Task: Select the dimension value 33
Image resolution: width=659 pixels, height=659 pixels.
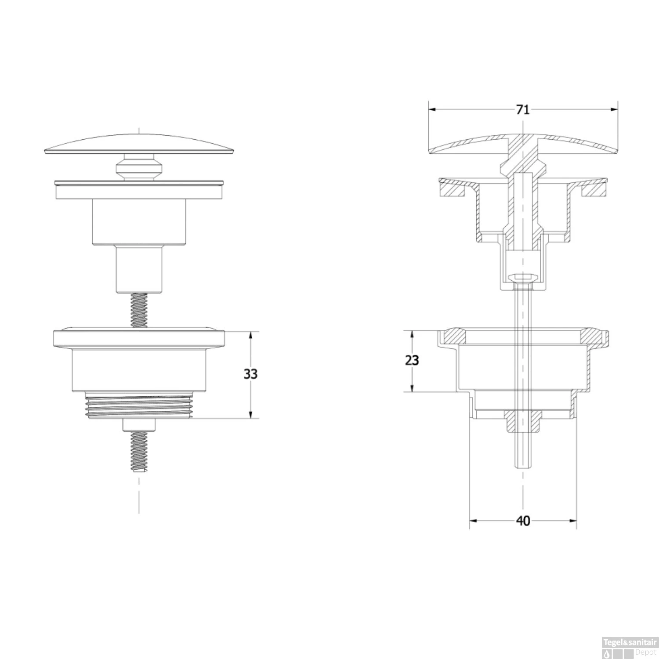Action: coord(250,374)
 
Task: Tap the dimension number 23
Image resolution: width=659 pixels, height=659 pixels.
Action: coord(412,360)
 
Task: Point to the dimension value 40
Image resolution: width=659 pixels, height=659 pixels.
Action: coord(523,521)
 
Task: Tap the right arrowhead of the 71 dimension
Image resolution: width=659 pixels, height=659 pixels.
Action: coord(613,109)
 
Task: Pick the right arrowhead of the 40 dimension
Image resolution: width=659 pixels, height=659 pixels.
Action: coord(572,521)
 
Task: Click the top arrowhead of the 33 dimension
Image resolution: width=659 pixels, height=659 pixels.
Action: coord(250,336)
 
